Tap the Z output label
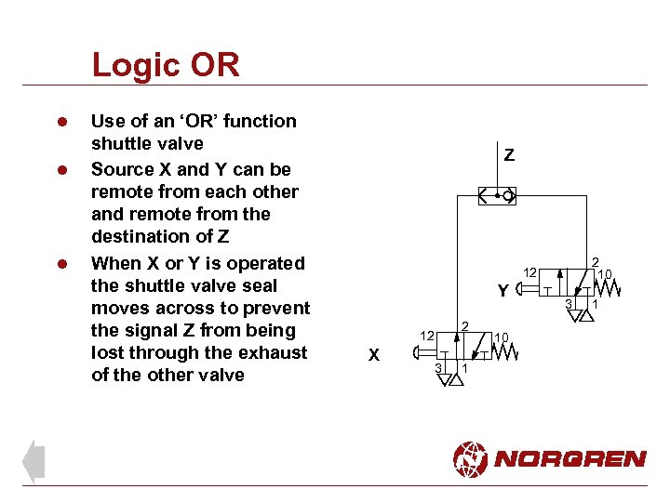point(509,155)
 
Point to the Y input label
point(502,291)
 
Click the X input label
point(373,354)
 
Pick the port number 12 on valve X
point(424,335)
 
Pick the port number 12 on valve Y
point(529,272)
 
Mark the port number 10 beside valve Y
point(605,274)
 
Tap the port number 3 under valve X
point(438,369)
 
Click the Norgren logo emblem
point(470,459)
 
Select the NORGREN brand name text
point(569,459)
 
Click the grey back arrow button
point(33,461)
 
